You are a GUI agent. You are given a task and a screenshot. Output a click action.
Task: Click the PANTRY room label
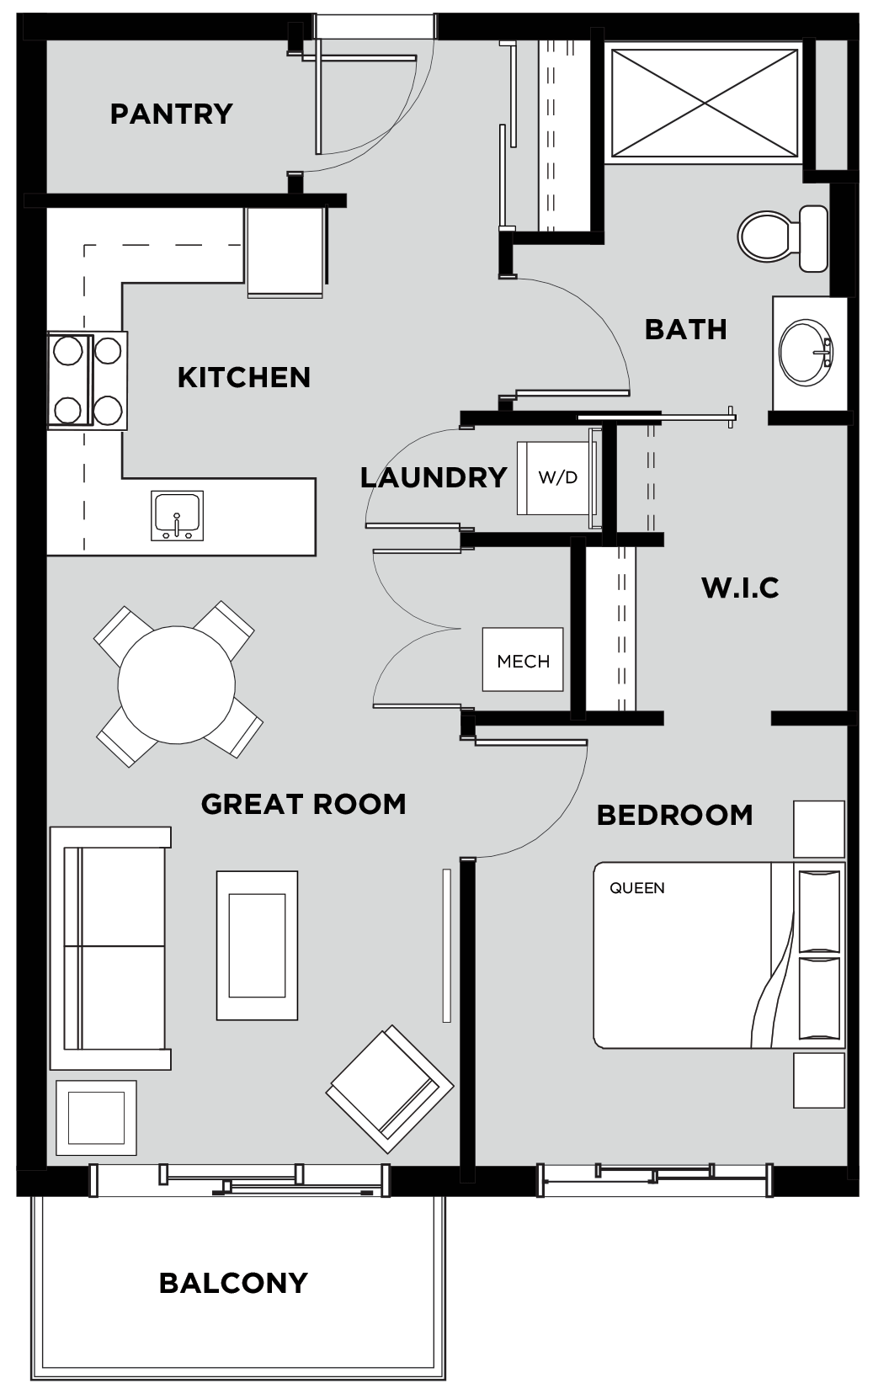coord(172,114)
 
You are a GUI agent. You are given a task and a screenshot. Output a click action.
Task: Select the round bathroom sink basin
coord(806,352)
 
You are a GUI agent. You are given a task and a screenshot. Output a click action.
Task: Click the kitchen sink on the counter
coord(178,515)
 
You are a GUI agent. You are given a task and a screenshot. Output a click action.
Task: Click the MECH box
coord(523,660)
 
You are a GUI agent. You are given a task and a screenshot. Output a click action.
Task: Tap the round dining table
coord(177,684)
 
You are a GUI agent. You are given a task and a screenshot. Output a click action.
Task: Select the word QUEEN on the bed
coord(637,887)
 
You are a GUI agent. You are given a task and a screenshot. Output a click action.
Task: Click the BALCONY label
coord(233,1284)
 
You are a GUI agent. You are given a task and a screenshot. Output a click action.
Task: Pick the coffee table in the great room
coord(258,945)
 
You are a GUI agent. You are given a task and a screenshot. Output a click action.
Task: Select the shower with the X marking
coord(705,103)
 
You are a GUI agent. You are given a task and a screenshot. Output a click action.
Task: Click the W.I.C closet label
coord(741,588)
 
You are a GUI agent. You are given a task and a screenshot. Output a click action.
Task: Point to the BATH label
coord(685,330)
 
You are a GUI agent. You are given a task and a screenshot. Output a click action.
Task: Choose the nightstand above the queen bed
coord(819,829)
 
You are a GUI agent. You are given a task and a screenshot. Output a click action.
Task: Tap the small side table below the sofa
coord(96,1118)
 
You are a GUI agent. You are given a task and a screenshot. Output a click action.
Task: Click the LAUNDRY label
coord(434,478)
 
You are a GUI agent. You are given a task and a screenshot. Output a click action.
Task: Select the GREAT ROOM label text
coord(304,805)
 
